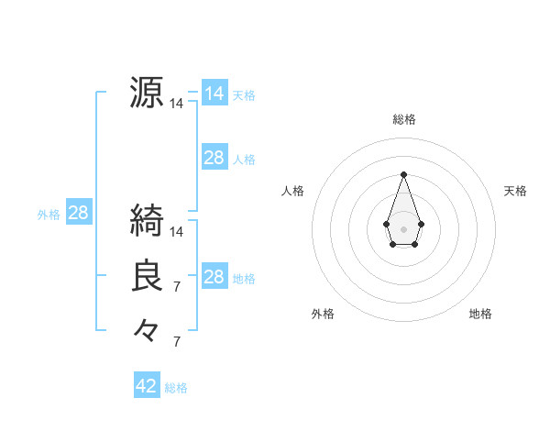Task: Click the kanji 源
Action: [x=147, y=92]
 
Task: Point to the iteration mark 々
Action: [x=147, y=329]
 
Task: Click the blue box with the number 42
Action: [x=147, y=386]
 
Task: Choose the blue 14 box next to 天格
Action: [x=214, y=94]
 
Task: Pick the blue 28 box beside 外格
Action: [x=78, y=214]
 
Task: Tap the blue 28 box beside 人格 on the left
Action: [x=214, y=158]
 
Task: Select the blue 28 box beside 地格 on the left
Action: [x=214, y=277]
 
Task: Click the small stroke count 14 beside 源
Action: [x=177, y=105]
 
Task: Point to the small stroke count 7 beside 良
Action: [x=177, y=288]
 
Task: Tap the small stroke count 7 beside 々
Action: [x=177, y=342]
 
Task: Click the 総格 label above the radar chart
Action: [x=403, y=119]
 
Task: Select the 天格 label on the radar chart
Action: [x=515, y=191]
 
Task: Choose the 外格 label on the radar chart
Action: [x=323, y=314]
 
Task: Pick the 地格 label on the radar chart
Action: [x=480, y=314]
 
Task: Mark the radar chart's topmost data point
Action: [x=403, y=174]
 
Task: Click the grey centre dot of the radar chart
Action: [x=403, y=228]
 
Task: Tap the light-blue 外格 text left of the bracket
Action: [x=49, y=215]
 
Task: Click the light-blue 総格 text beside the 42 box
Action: [x=176, y=388]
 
